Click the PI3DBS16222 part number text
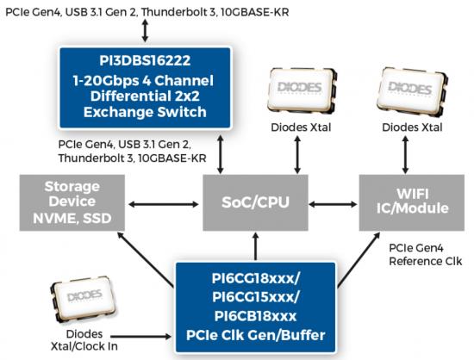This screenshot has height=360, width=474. (145, 60)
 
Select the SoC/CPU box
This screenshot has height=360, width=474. (255, 202)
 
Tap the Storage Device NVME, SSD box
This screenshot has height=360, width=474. (72, 202)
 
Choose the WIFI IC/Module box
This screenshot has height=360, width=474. (412, 202)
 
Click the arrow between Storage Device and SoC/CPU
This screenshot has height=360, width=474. (164, 204)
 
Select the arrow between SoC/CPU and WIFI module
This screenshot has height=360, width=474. (334, 204)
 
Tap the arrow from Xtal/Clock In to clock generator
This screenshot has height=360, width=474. (140, 336)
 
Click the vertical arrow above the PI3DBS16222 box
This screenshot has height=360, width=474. (145, 30)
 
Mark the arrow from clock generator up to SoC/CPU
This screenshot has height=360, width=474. (256, 246)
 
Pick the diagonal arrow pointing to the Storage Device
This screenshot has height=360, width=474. (146, 259)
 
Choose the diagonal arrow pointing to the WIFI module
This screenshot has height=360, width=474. (359, 259)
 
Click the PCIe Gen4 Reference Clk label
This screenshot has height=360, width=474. (426, 255)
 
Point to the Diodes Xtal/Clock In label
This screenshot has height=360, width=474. (84, 340)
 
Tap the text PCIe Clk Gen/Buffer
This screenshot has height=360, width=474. (256, 335)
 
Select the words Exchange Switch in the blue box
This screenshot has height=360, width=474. (145, 112)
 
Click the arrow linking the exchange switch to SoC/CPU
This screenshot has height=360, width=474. (221, 154)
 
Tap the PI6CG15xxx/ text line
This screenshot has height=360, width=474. (256, 297)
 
